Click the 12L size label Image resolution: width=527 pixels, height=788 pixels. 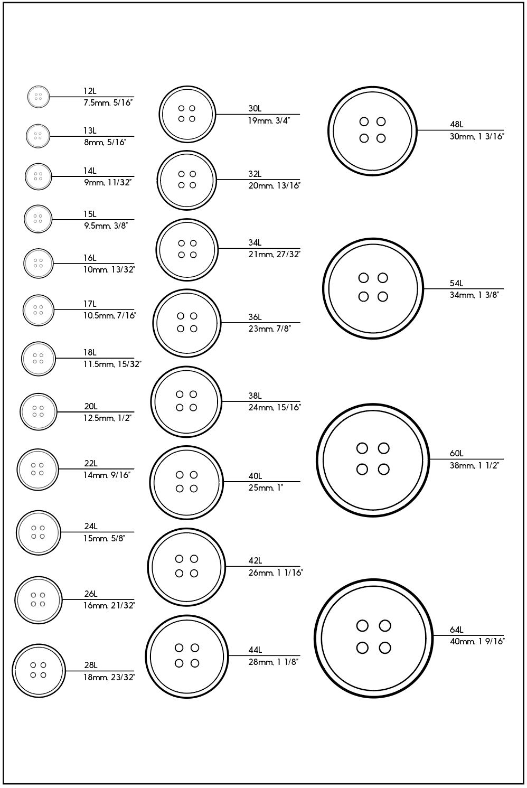click(x=90, y=91)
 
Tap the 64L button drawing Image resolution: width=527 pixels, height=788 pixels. click(x=373, y=638)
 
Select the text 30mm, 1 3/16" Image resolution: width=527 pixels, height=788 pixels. click(x=477, y=136)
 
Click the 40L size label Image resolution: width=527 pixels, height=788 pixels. click(x=255, y=476)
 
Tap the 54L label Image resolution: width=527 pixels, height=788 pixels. click(x=456, y=284)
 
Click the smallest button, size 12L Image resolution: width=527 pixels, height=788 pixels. click(x=38, y=97)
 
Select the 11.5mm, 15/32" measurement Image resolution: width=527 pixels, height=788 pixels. click(x=112, y=364)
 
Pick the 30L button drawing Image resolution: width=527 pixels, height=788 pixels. click(x=187, y=114)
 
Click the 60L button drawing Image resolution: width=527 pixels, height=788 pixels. click(x=373, y=459)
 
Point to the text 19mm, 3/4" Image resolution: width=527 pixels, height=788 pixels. click(x=269, y=120)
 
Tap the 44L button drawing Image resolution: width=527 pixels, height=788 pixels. click(x=187, y=656)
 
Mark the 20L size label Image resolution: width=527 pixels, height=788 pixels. click(x=91, y=407)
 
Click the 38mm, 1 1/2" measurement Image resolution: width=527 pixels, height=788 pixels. click(x=474, y=466)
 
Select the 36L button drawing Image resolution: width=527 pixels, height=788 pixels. click(x=187, y=323)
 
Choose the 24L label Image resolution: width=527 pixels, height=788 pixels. click(x=91, y=527)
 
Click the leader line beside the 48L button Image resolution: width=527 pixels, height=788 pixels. click(x=459, y=130)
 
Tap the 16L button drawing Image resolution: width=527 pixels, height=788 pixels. click(x=39, y=263)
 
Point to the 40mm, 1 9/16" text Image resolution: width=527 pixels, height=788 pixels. click(x=477, y=642)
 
